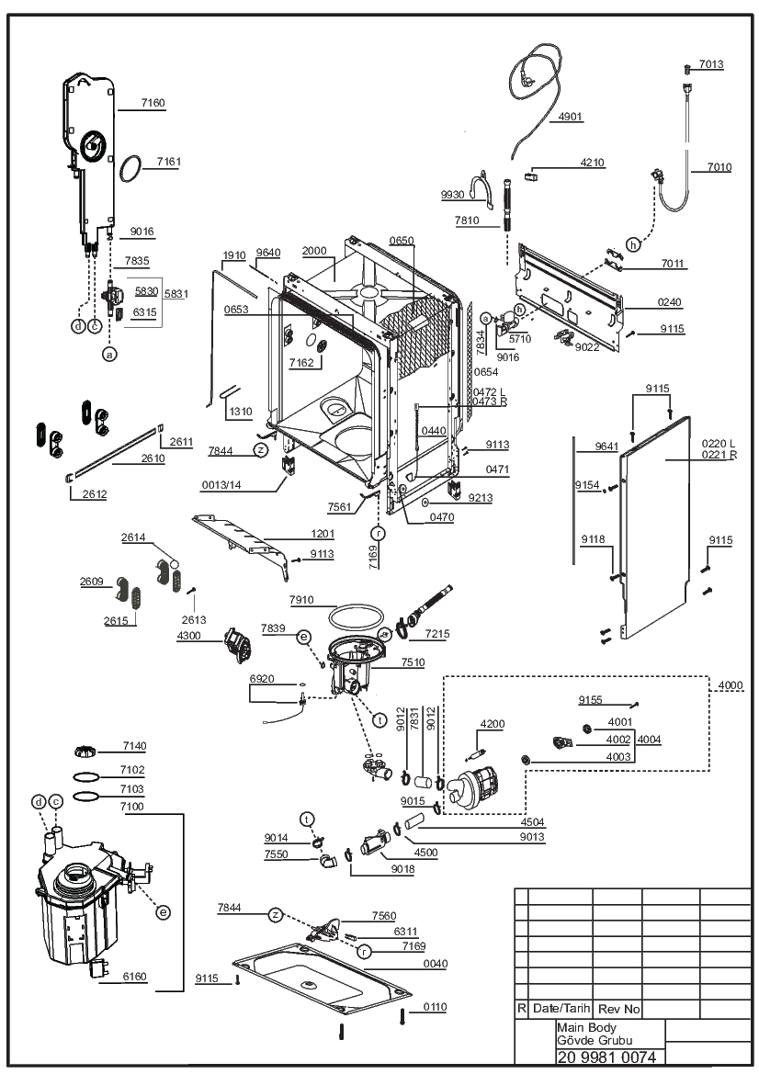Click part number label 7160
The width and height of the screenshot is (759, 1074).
point(153,103)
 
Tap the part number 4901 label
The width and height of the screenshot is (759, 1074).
point(570,117)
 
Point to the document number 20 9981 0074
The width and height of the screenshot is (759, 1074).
point(606,1057)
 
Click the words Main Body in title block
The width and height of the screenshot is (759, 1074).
point(586,1027)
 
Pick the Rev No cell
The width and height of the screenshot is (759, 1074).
point(618,1009)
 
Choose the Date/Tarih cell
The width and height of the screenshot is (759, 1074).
point(561,1008)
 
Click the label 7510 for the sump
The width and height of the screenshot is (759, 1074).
point(413,662)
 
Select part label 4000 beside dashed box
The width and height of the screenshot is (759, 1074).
point(731,685)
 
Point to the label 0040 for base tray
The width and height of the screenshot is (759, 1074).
point(435,964)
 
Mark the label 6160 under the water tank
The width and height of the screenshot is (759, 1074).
point(134,977)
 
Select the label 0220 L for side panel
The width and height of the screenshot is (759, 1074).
point(718,444)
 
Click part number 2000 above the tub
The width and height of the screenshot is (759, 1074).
point(314,251)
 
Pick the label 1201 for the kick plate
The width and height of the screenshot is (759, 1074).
point(323,534)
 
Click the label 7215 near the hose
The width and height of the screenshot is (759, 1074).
point(437,634)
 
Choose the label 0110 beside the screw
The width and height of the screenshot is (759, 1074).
point(435,1007)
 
